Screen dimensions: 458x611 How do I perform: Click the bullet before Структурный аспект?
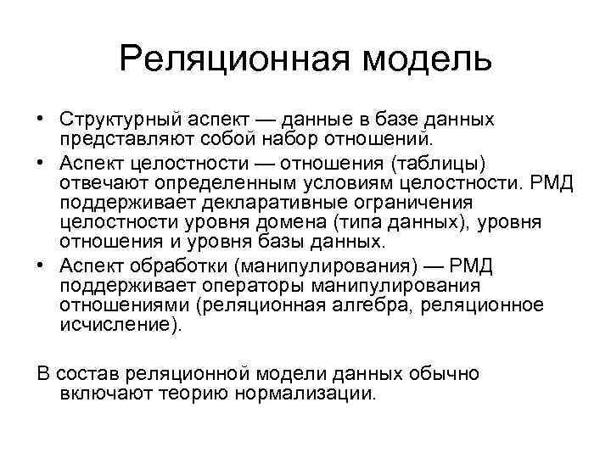(x=42, y=119)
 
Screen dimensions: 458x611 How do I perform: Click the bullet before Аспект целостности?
(x=42, y=163)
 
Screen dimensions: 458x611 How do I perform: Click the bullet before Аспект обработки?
(x=42, y=265)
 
